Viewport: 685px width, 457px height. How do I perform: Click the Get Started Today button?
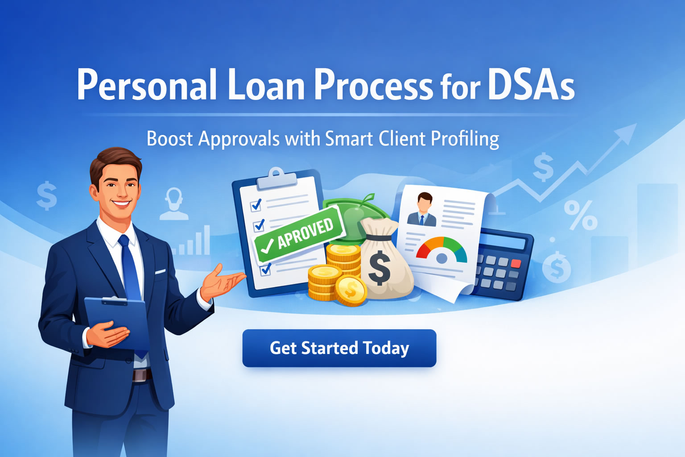339,348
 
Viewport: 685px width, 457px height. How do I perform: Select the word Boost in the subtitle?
169,139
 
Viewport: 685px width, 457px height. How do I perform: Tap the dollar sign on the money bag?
380,268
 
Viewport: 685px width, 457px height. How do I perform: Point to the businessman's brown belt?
142,375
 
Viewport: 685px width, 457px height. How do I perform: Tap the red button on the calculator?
516,263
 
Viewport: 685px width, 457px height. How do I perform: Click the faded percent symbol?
580,215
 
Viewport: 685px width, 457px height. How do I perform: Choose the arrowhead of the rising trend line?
628,132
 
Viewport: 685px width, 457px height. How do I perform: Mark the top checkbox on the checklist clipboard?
256,205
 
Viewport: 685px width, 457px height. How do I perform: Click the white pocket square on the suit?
160,271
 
